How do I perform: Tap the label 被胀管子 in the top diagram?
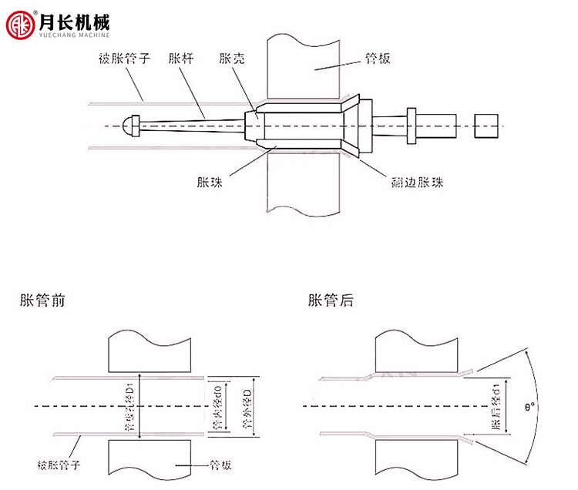tap(124, 59)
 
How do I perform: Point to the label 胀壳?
tap(232, 59)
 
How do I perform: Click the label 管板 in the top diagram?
tap(378, 59)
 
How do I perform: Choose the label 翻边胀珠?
tap(417, 183)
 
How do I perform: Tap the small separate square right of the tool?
tap(486, 124)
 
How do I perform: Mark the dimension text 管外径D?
tap(246, 406)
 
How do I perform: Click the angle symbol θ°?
tap(529, 406)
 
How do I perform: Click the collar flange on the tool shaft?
tap(411, 124)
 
